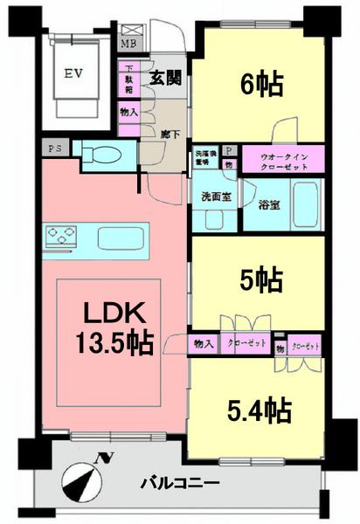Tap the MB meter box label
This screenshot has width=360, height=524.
128,43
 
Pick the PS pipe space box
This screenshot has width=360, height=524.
54,149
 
